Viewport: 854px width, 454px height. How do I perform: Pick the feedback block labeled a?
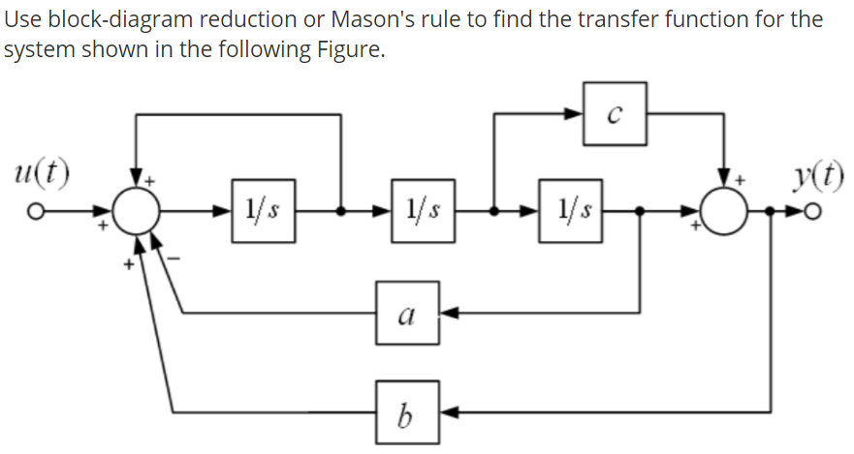408,313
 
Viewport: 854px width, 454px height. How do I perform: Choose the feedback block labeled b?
408,411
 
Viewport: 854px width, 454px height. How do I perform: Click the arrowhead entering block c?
577,114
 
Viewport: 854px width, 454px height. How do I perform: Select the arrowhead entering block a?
450,313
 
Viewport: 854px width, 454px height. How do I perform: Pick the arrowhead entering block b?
450,411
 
